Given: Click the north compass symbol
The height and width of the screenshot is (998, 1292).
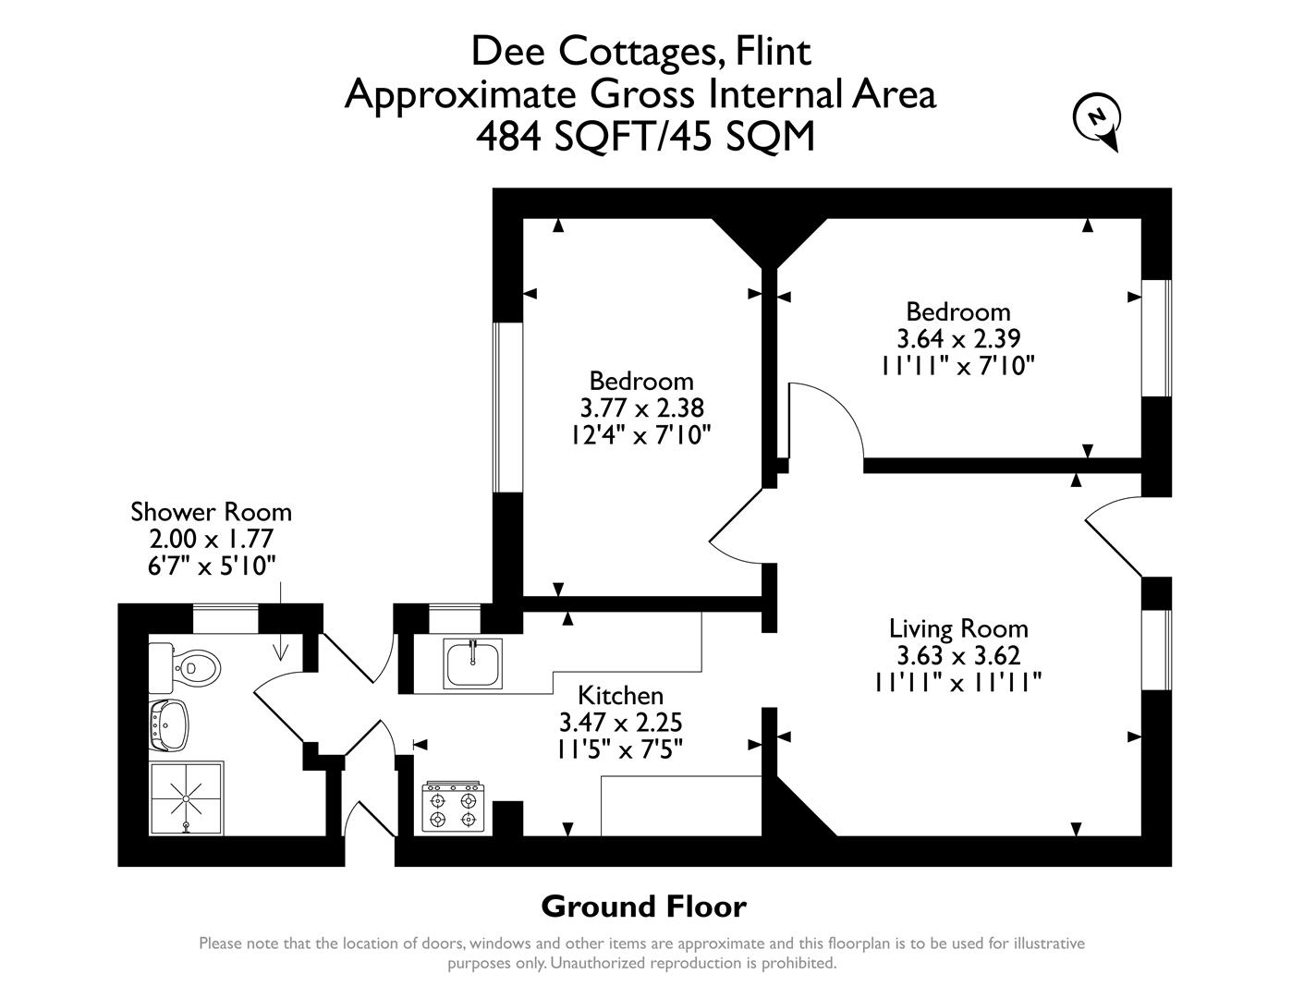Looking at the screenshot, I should pos(1097,119).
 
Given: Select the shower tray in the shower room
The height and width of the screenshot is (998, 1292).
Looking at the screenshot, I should pos(187,797).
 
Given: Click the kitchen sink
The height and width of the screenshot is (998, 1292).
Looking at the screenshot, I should pos(472,663).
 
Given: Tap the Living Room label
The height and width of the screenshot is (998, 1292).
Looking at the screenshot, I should pos(958,629).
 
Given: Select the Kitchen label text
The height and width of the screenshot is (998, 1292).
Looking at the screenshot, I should pos(620,695).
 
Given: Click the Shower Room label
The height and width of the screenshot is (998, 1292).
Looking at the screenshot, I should pos(211,512).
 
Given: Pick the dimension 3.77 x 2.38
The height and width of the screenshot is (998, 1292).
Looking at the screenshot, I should pos(641,408).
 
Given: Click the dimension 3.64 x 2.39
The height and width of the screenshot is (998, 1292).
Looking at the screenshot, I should pos(958,338).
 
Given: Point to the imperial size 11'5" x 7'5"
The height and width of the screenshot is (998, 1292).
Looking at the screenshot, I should pos(620,748).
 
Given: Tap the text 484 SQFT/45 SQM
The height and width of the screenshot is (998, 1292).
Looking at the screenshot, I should pos(645,137).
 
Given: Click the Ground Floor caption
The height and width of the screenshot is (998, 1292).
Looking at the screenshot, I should pos(643,907).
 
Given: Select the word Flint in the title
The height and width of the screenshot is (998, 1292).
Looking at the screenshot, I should pos(773,52).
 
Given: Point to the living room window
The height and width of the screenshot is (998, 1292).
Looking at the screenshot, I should pos(1156,650).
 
